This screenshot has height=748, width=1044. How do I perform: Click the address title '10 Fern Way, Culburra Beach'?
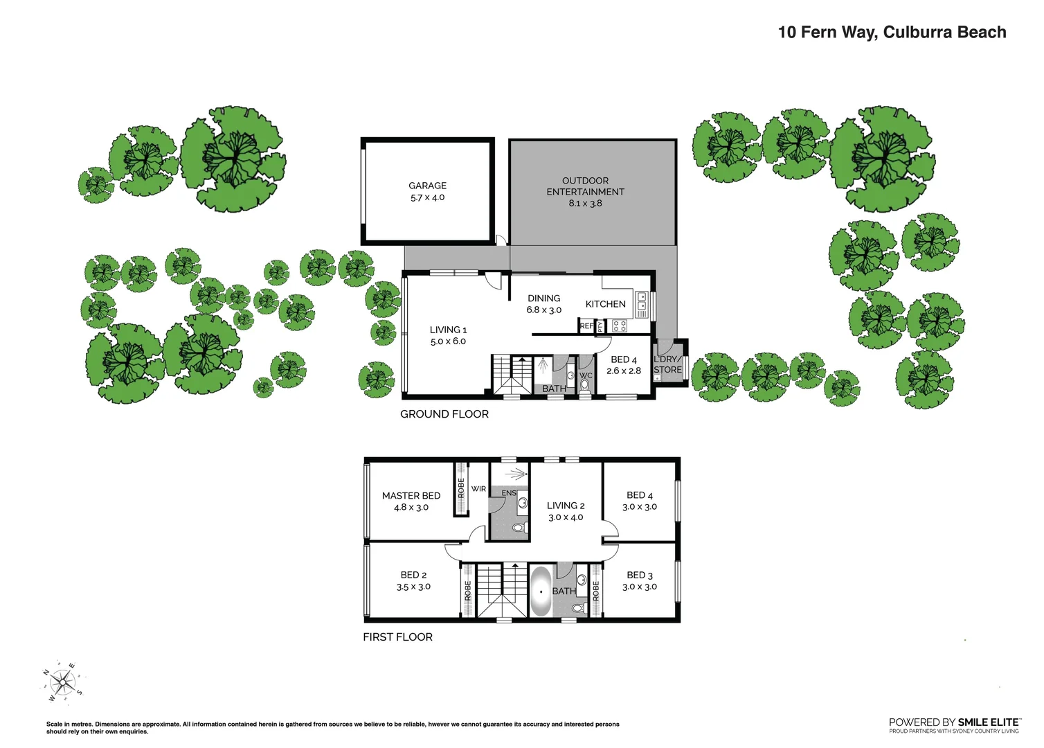coord(892,33)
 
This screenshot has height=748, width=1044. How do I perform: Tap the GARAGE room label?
coord(427,186)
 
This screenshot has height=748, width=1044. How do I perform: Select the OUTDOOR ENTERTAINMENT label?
coord(585,186)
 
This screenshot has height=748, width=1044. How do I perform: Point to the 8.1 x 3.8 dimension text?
coord(585,204)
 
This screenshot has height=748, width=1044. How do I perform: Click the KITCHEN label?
coord(605,304)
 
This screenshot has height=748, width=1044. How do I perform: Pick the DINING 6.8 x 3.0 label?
coord(543,304)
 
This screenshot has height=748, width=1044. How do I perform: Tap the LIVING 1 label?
coord(448,330)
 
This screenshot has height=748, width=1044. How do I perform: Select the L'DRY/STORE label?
coord(667,364)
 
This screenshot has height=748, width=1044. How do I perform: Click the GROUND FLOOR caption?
coord(444,414)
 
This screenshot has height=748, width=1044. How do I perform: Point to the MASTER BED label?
coord(411,496)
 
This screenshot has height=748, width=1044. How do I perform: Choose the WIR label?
coord(478,489)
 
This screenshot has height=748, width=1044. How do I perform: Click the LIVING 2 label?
coord(566,506)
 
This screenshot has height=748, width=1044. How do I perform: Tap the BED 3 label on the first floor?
coord(639,576)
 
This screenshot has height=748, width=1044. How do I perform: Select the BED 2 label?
coord(413,575)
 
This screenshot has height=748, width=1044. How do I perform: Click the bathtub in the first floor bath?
coord(540,592)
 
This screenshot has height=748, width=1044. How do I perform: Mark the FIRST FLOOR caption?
coord(397,637)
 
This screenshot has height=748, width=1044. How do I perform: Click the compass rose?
coord(62,684)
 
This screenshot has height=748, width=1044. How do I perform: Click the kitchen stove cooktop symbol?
coord(620,326)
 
